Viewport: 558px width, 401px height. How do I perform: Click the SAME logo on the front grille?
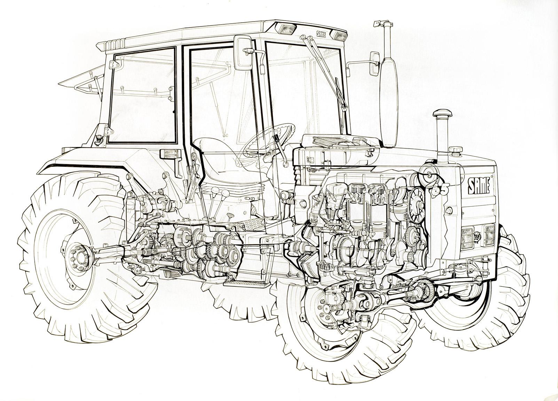(479, 186)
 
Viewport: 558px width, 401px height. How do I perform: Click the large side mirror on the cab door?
(244, 53)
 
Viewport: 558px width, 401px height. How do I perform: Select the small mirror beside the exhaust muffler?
(375, 64)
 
